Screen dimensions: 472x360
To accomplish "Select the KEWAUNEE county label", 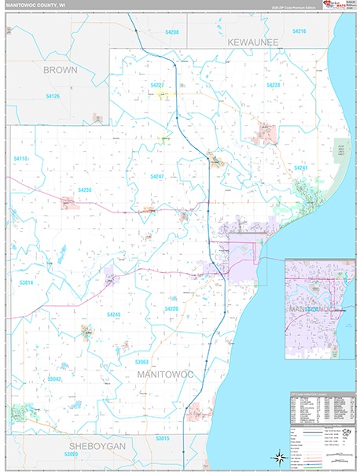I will coord(262,41).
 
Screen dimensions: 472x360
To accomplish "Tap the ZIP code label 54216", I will coord(299,31).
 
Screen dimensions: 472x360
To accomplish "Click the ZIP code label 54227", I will coord(156,84).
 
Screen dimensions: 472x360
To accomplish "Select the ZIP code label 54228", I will coord(273,84).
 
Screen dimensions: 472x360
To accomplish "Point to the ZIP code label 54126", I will coord(53,96).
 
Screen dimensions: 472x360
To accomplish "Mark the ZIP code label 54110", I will coord(20,159).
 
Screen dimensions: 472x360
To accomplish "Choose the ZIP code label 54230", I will coord(85,190).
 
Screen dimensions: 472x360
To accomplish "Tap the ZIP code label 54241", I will coord(300,168).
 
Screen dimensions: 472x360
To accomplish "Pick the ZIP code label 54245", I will coord(113,315).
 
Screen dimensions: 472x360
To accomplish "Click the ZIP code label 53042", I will coord(54,378).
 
